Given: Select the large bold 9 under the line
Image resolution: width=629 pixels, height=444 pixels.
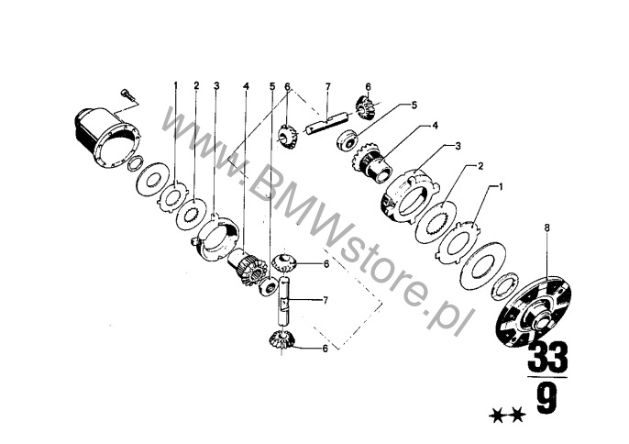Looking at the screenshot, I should pos(547,402).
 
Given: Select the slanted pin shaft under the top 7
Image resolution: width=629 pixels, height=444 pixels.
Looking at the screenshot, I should pos(326,122).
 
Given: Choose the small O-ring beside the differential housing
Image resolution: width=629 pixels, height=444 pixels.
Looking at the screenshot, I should pos(133,165).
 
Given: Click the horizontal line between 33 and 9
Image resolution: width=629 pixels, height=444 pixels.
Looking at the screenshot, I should pos(547,377).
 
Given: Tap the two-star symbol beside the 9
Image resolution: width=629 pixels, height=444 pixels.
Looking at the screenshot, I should pos(508,417).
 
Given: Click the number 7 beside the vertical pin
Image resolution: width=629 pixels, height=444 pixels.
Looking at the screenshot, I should pos(325,298).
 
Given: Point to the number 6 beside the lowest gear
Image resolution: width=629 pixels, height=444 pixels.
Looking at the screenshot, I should pos(324,349).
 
